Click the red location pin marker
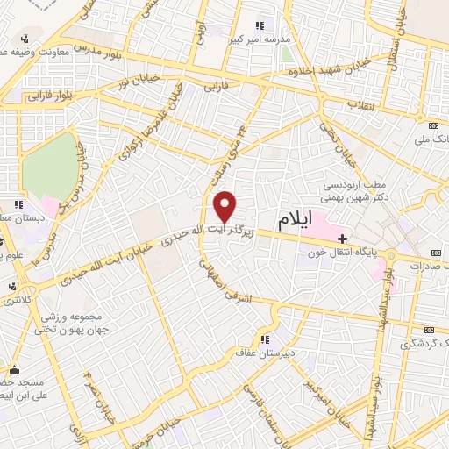(x=225, y=205)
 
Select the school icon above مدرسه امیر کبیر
(x=259, y=25)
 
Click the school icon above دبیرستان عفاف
(x=262, y=339)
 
